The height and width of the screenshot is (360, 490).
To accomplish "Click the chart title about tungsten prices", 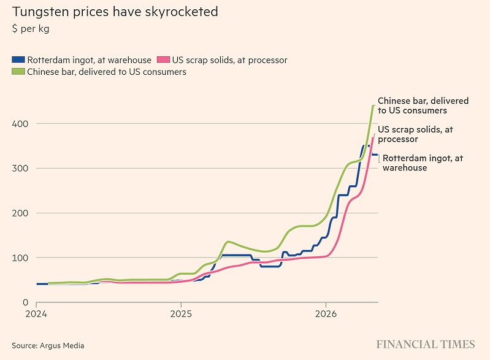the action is pos(115,12).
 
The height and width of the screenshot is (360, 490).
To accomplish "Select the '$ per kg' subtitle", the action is pos(31,29).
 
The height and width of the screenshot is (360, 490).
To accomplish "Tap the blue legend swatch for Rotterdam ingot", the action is pos(18,59).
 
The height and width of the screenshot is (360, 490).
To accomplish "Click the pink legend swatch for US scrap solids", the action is pos(163,59).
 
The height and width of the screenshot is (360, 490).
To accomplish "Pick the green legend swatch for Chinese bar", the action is pos(18,71).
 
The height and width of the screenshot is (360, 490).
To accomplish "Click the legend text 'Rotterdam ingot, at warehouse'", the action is pos(89,60).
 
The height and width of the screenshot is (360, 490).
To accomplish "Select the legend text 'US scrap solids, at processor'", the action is pos(230,60).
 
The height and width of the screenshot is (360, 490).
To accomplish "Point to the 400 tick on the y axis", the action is pos(20,124).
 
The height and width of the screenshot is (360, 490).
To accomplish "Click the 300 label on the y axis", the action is pos(20,169).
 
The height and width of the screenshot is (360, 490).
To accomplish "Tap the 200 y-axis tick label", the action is pos(20,213).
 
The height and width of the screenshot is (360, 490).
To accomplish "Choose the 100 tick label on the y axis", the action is pos(20,258).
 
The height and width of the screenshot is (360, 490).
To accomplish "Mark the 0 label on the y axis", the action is pos(25,302).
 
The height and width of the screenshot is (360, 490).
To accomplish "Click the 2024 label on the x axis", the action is pos(36,313).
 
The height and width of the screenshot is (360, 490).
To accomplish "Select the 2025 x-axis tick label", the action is pos(181,313).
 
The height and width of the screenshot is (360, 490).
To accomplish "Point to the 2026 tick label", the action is pos(326,313).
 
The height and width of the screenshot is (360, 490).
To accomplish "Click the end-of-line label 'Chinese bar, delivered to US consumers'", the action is pos(423,105).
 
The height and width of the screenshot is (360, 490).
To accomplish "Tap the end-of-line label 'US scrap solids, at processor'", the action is pos(415,134).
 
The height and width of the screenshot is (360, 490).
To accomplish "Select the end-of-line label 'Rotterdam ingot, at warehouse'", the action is pos(423,163).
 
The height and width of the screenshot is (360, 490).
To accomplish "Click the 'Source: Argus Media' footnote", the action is pos(48,346).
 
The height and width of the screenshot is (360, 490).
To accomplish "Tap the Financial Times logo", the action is pos(426,345).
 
